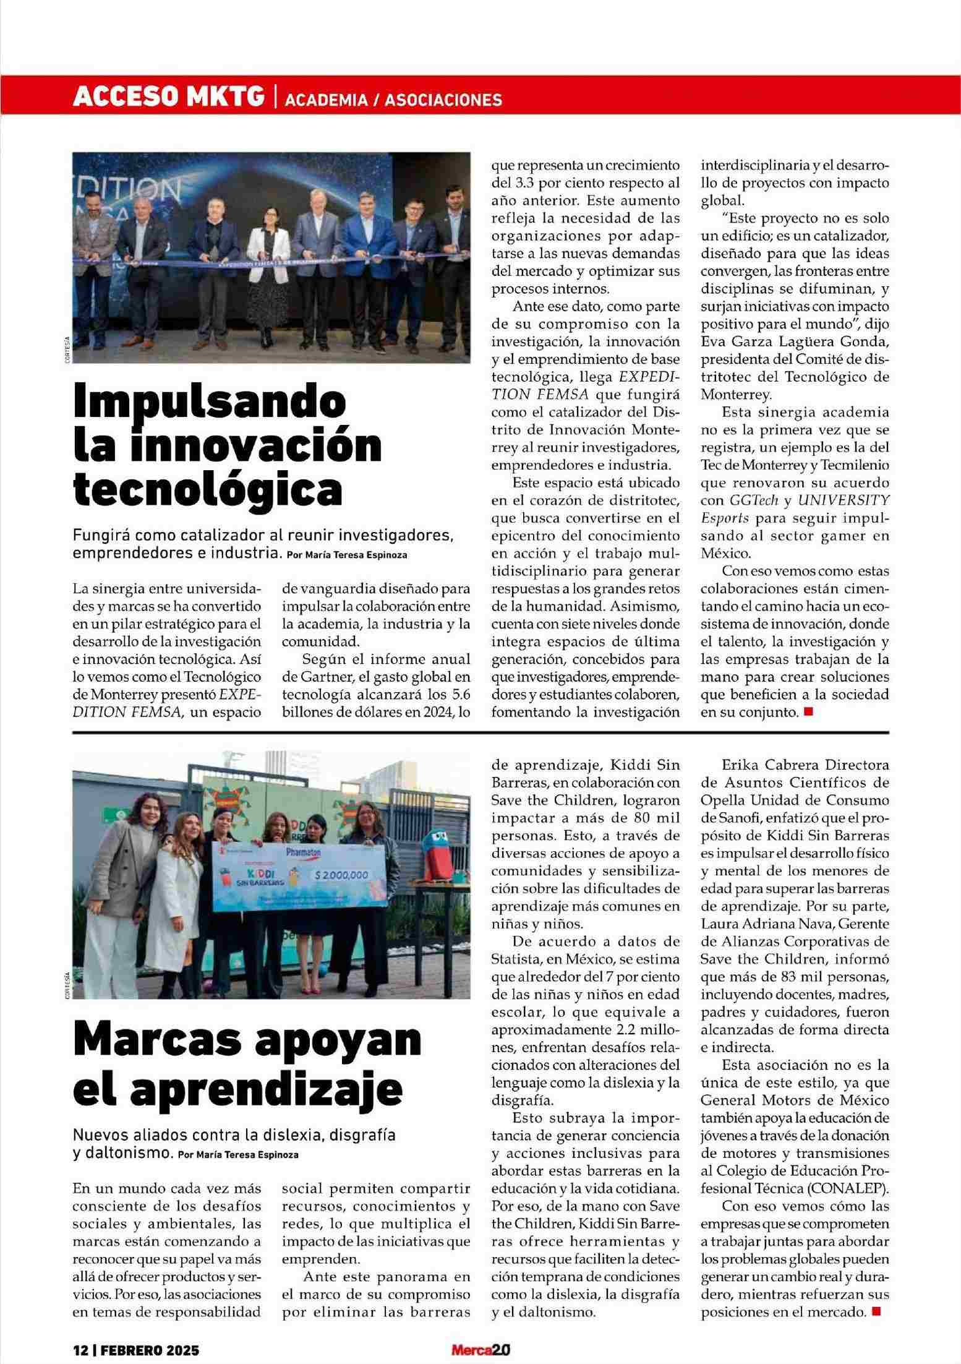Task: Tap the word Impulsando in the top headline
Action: tap(210, 403)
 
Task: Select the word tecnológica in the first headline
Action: tap(208, 489)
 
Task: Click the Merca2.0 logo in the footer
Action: tap(480, 1349)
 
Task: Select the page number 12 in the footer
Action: tap(81, 1349)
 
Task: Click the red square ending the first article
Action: tap(808, 711)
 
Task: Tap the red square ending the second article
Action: tap(875, 1310)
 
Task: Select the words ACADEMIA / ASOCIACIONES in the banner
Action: tap(393, 100)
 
